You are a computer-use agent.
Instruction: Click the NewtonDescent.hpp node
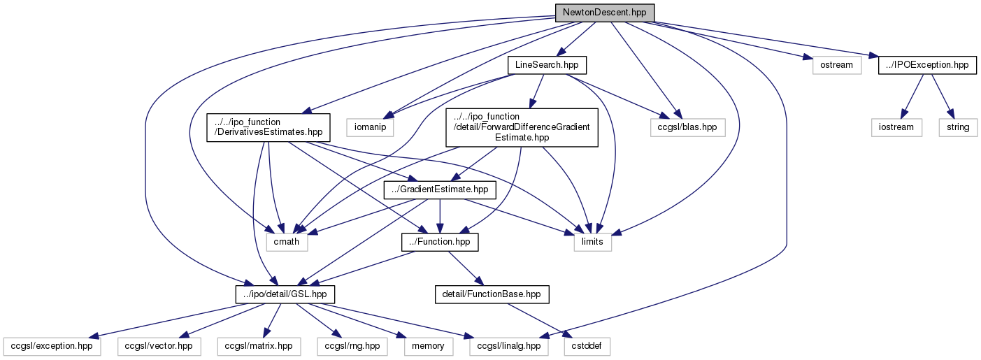coord(604,13)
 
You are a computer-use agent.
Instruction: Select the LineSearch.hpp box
coord(547,65)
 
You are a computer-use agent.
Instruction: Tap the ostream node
coord(836,65)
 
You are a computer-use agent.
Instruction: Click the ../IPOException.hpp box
coord(927,65)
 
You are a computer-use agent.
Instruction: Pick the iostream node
coord(896,127)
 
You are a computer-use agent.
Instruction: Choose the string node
coord(958,127)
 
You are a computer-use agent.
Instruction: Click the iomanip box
coord(370,127)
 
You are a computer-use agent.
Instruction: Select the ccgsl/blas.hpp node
coord(687,127)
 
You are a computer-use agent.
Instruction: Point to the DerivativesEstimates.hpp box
coord(268,127)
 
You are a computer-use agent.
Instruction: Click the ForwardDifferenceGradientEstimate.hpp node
coord(522,127)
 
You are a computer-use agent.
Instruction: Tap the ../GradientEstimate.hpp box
coord(440,190)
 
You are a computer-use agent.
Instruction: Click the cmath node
coord(287,242)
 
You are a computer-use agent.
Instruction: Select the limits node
coord(592,242)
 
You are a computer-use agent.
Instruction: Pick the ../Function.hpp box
coord(440,242)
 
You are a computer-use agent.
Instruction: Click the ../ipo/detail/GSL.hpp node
coord(285,294)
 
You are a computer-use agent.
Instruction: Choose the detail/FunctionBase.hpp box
coord(492,294)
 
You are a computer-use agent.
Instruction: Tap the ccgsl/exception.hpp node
coord(52,347)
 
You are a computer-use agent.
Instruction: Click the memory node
coord(429,347)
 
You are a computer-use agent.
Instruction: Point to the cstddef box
coord(587,347)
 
